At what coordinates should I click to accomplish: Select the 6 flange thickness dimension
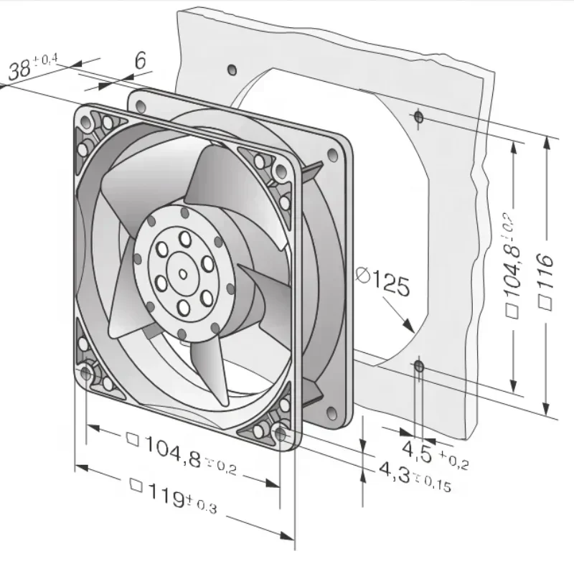(140, 61)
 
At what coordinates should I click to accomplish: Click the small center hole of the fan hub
(182, 273)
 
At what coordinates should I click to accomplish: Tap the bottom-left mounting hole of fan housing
(88, 372)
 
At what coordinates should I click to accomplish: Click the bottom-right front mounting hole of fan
(281, 433)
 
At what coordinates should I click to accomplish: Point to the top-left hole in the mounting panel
(231, 70)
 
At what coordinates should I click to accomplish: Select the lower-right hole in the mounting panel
(419, 368)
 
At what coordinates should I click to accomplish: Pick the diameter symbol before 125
(363, 275)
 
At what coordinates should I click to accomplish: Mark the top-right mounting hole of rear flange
(331, 154)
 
